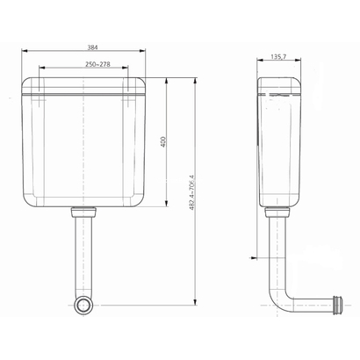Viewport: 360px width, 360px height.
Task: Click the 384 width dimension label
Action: [92, 47]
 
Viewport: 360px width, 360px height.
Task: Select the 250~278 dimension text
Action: [97, 64]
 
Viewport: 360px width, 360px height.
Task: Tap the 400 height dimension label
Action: [163, 141]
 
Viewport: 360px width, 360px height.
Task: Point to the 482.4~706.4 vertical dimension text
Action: [191, 193]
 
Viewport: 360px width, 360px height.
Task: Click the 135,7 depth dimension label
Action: [278, 56]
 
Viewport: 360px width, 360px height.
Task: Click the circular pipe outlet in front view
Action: [85, 305]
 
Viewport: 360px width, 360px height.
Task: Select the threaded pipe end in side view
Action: [338, 305]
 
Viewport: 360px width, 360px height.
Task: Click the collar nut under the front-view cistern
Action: [83, 212]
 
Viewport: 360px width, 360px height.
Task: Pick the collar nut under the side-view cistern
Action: [277, 212]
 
